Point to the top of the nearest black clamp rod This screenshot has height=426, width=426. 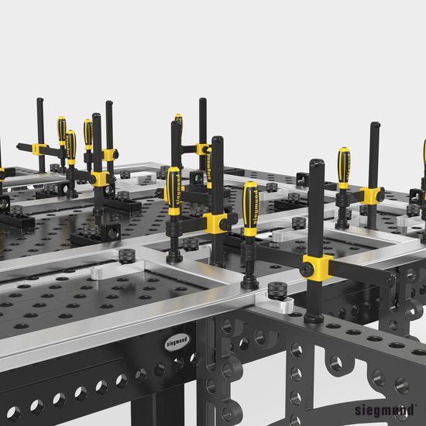click(x=316, y=165)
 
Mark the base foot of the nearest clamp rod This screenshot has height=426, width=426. click(x=314, y=318)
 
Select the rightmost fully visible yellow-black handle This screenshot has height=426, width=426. click(x=343, y=167)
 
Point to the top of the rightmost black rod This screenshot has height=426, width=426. click(x=375, y=127)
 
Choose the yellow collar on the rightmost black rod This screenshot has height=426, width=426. click(x=373, y=196)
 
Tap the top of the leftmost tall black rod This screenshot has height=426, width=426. click(x=40, y=102)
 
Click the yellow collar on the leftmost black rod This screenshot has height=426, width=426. click(x=40, y=149)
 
